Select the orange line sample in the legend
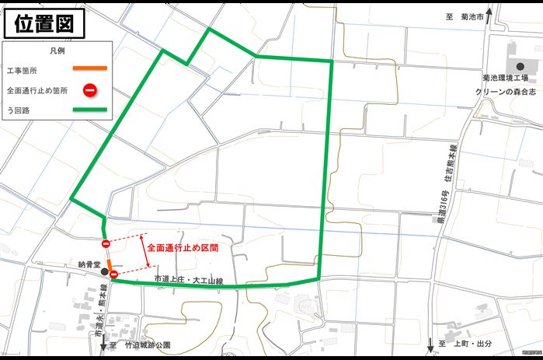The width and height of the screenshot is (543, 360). tap(89, 70)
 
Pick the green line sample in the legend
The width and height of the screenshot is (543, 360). tap(89, 110)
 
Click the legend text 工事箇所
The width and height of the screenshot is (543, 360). tap(22, 71)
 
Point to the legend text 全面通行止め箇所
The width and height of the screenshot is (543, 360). tap(37, 90)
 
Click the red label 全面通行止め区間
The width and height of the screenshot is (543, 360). tap(183, 248)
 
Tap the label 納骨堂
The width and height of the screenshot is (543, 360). tap(89, 264)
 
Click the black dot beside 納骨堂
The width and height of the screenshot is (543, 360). tap(104, 271)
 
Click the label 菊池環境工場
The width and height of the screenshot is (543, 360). tap(505, 79)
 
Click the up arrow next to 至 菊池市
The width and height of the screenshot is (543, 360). tap(488, 16)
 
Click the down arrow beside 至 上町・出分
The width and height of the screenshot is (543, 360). tap(430, 344)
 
